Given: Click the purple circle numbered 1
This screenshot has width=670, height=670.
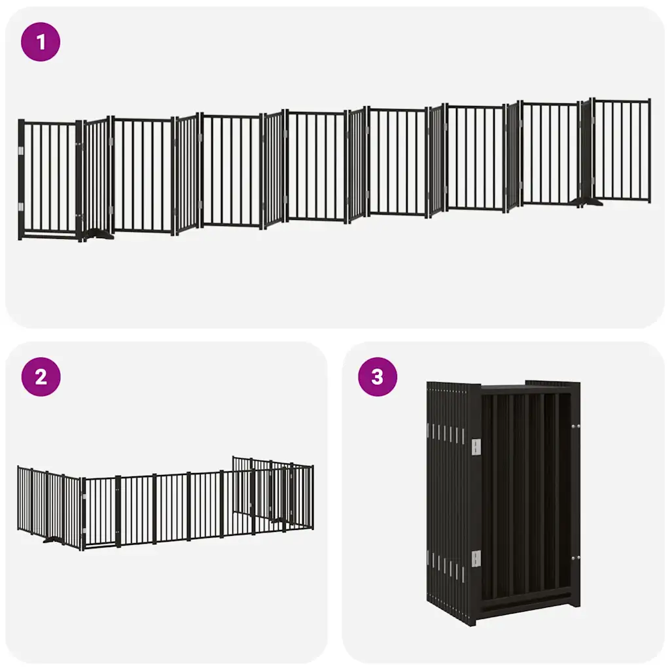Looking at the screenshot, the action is tap(41, 42).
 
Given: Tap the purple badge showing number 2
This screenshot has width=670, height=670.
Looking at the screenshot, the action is tap(41, 377).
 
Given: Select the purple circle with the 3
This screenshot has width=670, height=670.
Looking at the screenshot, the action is tap(378, 377).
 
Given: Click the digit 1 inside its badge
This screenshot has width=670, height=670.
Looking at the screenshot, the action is tap(41, 42).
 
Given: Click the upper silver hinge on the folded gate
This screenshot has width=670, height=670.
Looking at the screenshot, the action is tap(476, 447).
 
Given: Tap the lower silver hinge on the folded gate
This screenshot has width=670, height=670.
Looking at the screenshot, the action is tap(476, 559).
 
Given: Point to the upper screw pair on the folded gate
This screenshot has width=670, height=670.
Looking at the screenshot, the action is tap(576, 426).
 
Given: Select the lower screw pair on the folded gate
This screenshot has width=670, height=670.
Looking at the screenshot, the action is tap(576, 558).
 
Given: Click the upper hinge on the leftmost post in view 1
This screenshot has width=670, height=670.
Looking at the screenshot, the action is tap(21, 151).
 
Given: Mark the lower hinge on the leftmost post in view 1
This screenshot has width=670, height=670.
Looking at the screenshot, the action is tap(21, 207).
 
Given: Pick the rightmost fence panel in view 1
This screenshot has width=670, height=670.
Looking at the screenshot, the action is tap(622, 150).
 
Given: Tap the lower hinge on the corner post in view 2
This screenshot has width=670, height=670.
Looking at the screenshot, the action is tap(83, 534).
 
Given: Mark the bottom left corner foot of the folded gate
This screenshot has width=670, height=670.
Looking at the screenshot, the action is tap(472, 621).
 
